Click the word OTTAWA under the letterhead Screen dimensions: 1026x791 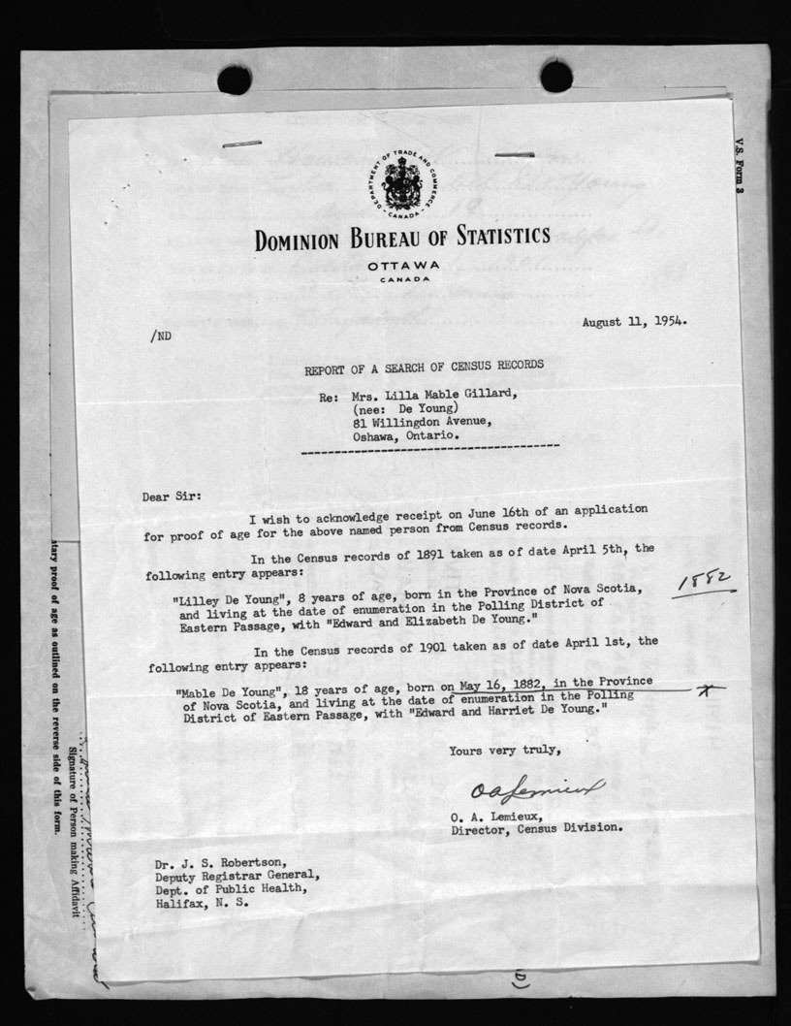403,264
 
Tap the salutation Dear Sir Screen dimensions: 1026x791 173,497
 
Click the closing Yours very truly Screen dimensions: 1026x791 504,750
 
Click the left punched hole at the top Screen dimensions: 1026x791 235,80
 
